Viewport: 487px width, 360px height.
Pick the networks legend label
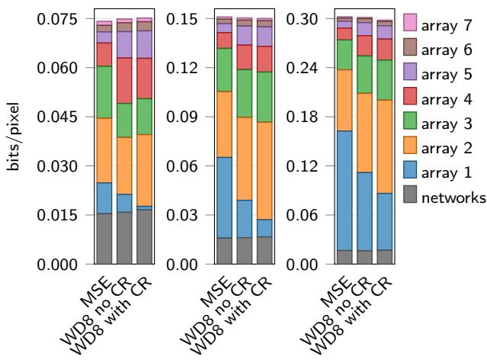coord(443,198)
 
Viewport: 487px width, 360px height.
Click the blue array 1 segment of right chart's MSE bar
coord(344,191)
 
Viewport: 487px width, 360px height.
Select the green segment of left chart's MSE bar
coord(104,92)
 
